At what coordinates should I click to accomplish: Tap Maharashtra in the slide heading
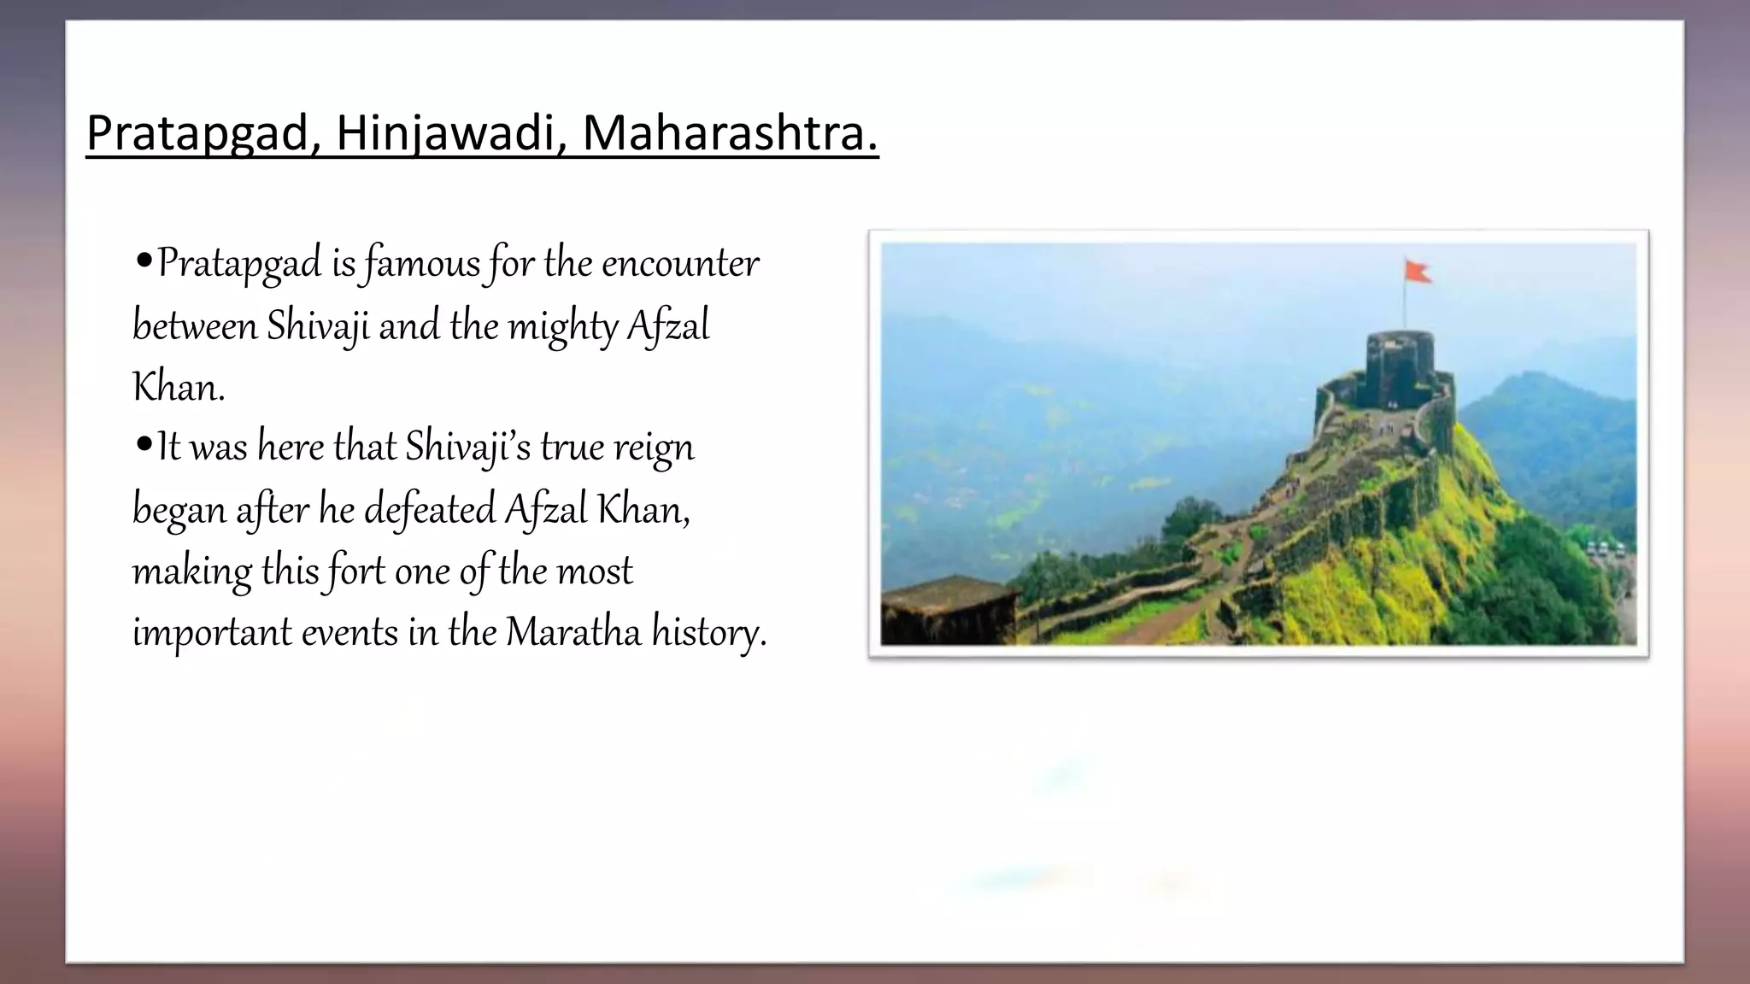[730, 134]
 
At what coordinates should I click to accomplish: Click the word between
[195, 326]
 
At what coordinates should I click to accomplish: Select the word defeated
[430, 510]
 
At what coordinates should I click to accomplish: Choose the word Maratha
[573, 633]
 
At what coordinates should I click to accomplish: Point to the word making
[192, 571]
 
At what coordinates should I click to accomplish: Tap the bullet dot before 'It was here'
[144, 444]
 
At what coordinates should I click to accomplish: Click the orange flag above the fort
[1418, 272]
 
